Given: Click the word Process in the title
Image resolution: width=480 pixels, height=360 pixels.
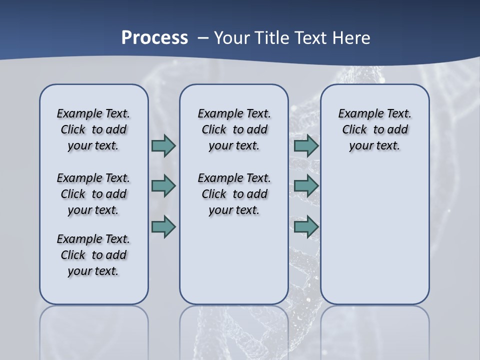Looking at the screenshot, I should click(x=154, y=38).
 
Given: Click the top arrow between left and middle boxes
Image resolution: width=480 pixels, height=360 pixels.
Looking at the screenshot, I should click(x=163, y=146).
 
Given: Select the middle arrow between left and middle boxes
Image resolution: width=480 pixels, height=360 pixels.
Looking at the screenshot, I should click(x=163, y=186).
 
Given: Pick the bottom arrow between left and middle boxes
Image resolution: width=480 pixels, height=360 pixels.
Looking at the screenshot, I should click(x=163, y=226).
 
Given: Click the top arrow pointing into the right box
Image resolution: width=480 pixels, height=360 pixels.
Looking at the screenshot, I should click(x=306, y=146).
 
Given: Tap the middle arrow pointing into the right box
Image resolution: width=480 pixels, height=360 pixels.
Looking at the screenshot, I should click(x=306, y=186).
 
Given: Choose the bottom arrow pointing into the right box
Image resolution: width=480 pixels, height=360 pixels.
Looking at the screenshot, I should click(x=306, y=226).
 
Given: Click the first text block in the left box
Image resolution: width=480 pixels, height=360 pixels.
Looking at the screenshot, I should click(x=93, y=130).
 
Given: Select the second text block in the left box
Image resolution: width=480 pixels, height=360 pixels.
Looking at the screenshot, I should click(x=93, y=194).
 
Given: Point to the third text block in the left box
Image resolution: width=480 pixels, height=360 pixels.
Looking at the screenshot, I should click(x=93, y=255).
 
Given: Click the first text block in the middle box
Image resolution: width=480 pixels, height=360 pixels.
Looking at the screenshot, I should click(x=234, y=130).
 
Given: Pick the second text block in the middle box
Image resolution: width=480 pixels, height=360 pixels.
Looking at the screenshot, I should click(x=234, y=194).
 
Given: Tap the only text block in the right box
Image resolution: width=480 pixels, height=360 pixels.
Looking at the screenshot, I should click(x=374, y=130).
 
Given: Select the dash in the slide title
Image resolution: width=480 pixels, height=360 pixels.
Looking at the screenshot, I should click(x=202, y=38).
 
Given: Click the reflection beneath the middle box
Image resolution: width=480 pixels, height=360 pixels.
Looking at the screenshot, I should click(x=234, y=325).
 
